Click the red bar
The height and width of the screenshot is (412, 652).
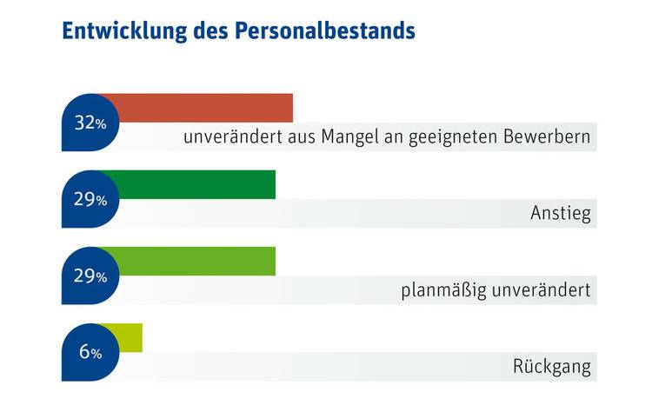coord(200,108)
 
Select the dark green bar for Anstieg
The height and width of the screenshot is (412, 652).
coord(191,184)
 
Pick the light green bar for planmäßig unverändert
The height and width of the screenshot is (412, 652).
coord(191,261)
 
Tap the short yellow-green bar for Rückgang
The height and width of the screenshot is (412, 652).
coord(126,336)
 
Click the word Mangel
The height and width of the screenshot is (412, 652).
coord(349,138)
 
